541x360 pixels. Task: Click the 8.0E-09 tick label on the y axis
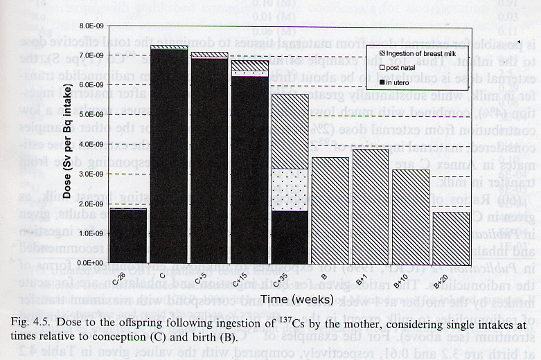click(x=90, y=25)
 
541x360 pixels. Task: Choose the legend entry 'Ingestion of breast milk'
click(x=423, y=53)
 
